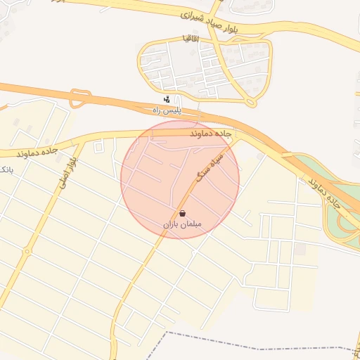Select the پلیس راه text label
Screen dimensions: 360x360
click(167, 110)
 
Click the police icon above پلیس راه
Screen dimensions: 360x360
click(167, 99)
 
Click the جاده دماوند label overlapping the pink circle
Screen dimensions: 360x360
click(210, 132)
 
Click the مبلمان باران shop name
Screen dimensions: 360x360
click(182, 224)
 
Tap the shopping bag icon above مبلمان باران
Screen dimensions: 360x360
click(183, 213)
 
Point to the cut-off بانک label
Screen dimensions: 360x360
click(4, 171)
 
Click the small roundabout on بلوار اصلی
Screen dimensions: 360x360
click(27, 252)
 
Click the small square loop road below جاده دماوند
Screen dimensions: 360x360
click(98, 146)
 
